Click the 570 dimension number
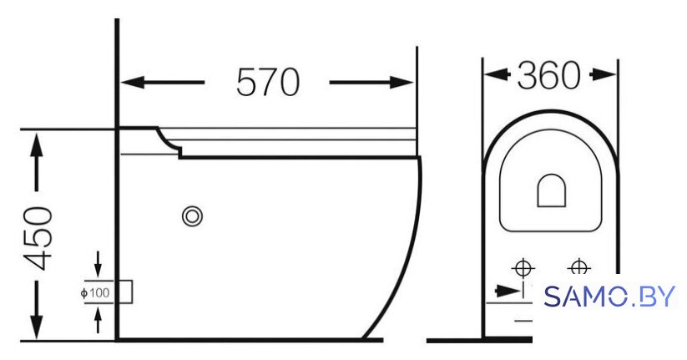[x=268, y=82]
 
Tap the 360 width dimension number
[x=549, y=75]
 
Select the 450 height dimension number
[x=38, y=238]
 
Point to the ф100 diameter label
[x=95, y=292]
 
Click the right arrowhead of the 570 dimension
[x=402, y=82]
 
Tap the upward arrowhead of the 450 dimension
[x=37, y=145]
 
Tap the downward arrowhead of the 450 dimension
[x=37, y=327]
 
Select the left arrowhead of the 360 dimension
[x=496, y=74]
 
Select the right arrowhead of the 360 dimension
[x=604, y=74]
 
